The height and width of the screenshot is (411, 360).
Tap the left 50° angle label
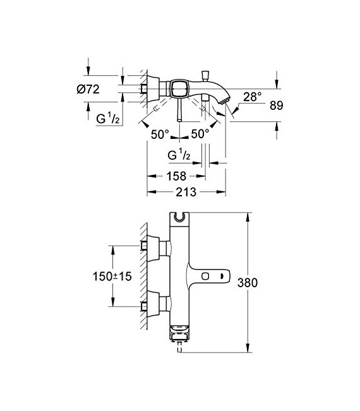(160, 134)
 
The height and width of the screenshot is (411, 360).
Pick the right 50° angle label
(200, 134)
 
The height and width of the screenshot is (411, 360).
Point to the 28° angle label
(253, 96)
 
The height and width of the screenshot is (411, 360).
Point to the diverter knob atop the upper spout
(207, 74)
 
